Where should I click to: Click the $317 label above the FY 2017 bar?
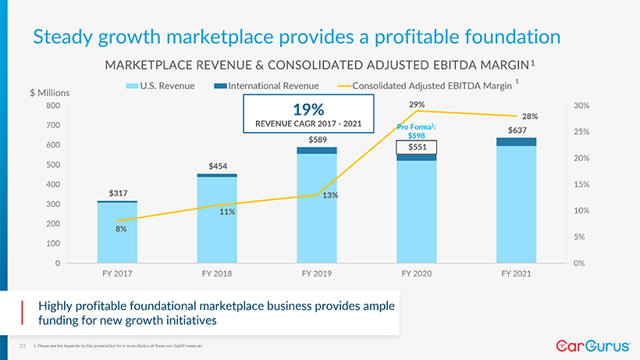click(117, 193)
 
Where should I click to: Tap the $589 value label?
click(317, 140)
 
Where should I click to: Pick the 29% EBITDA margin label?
click(417, 104)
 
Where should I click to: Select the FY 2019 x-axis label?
click(317, 274)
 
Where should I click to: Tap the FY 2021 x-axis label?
click(517, 274)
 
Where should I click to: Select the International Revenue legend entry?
click(278, 86)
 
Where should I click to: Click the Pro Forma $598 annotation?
click(415, 130)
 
